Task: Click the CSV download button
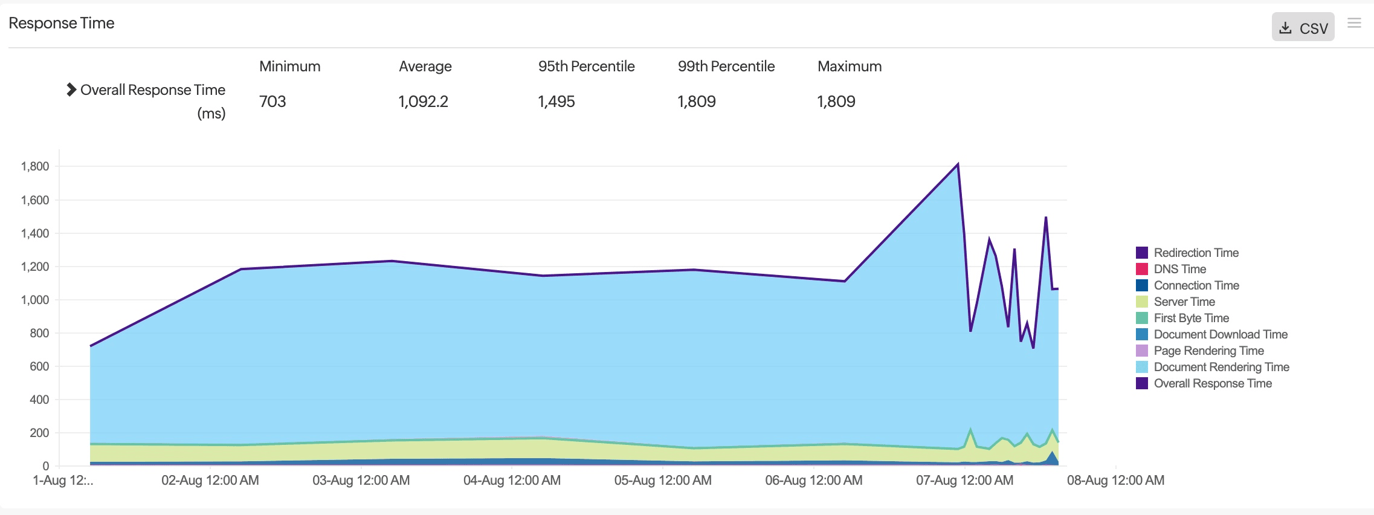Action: click(1303, 28)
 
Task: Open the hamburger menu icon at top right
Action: click(1354, 23)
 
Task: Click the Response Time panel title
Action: click(62, 23)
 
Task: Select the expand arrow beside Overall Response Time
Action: click(71, 89)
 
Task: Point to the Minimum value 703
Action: click(273, 102)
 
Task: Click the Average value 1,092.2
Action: click(423, 102)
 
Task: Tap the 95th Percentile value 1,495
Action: click(556, 102)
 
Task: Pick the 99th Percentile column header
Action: click(726, 66)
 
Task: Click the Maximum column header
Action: click(849, 66)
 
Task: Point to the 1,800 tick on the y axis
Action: click(35, 166)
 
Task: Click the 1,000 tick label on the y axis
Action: click(35, 300)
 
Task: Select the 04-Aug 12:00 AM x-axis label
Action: click(512, 481)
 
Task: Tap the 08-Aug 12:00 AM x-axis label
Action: click(1115, 481)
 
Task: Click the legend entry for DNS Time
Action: click(1179, 269)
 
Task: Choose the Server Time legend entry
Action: click(1184, 302)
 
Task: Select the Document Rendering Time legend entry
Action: click(1221, 367)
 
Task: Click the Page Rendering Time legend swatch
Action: click(1142, 351)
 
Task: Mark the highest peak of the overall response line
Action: click(958, 164)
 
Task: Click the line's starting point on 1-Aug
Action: click(91, 346)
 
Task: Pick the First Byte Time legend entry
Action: click(1191, 318)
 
